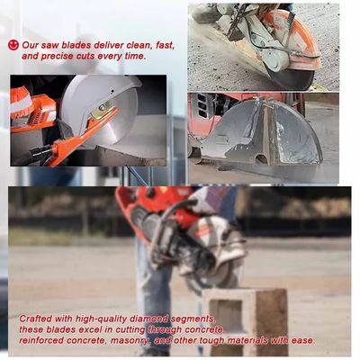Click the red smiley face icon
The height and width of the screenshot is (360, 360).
click(x=13, y=44)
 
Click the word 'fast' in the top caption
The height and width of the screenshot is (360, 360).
click(x=163, y=45)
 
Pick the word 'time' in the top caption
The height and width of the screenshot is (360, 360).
click(x=134, y=56)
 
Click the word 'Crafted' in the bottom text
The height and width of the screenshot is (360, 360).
click(x=37, y=319)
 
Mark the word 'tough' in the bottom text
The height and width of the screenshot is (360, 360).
click(x=216, y=340)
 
